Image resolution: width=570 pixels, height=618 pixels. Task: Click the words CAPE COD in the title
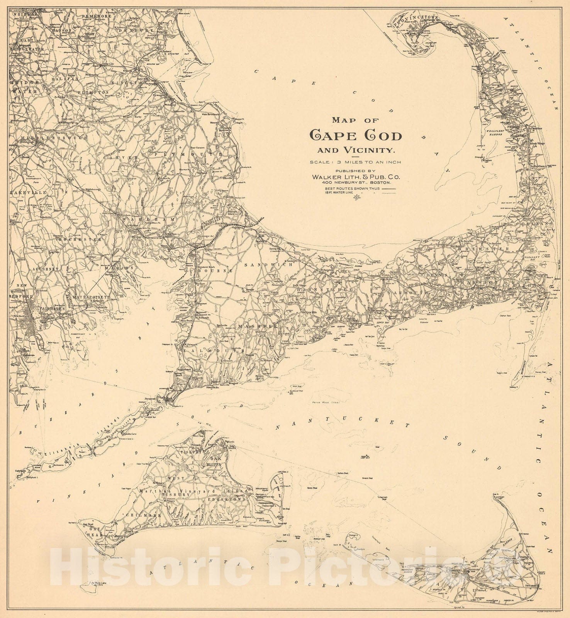(x=356, y=135)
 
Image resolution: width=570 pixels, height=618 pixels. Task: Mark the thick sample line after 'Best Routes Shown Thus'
(x=389, y=188)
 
